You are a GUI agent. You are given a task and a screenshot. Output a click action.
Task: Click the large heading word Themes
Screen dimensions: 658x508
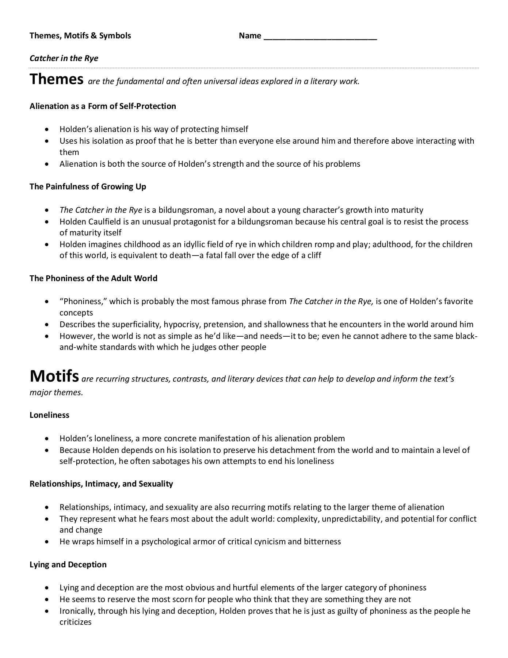57,79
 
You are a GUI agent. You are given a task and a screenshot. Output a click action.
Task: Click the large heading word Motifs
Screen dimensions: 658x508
54,376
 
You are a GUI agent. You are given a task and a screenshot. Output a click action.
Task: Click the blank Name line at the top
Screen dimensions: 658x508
320,37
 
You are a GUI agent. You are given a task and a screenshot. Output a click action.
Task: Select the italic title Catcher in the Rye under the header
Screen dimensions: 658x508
64,58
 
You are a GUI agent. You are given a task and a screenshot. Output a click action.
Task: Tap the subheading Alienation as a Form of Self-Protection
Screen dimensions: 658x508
103,106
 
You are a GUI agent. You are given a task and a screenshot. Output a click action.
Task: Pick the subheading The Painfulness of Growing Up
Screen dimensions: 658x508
88,186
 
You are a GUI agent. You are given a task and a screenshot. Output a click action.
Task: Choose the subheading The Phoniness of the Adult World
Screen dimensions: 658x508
93,278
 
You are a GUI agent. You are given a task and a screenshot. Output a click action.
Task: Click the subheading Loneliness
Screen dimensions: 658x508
49,415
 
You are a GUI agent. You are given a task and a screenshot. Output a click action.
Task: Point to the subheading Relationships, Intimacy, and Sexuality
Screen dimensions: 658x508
101,484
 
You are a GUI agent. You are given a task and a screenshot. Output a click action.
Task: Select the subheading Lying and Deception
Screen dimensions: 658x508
68,564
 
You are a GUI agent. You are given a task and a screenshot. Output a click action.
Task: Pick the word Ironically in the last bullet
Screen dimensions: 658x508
78,611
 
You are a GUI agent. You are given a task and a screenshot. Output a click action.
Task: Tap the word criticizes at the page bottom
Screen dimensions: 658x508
76,622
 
